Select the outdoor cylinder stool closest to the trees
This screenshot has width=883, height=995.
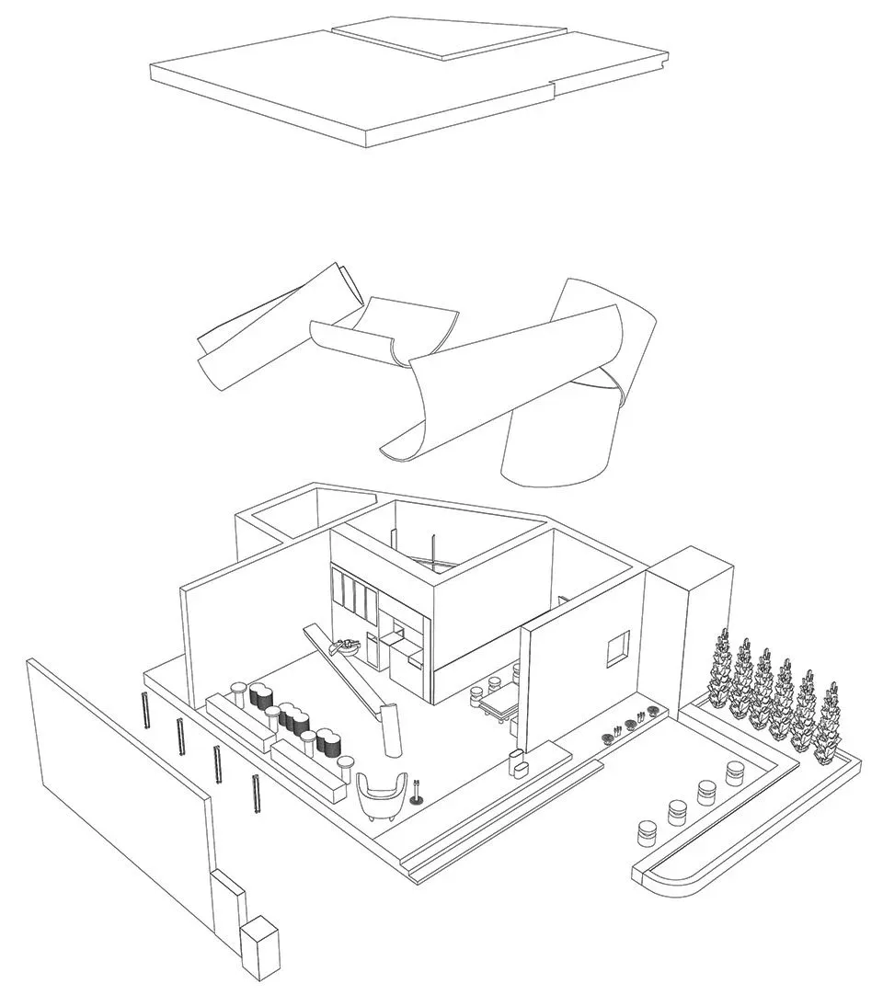point(735,772)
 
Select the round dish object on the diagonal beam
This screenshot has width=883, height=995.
point(349,644)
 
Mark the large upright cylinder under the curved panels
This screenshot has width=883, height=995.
point(556,441)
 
